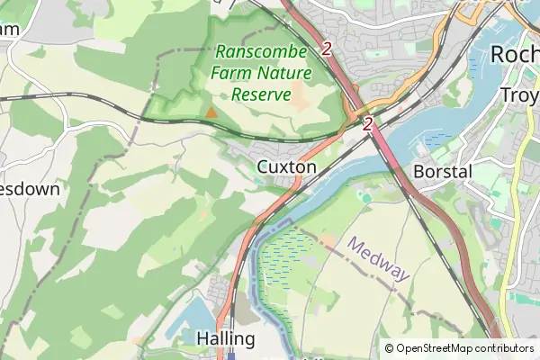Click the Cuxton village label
286,167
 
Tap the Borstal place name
442,171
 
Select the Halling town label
225,339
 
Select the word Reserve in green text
261,94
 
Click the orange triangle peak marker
211,112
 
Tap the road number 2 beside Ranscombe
326,49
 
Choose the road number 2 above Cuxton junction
367,125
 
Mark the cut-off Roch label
515,55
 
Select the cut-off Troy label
519,95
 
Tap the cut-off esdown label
30,190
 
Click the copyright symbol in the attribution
389,348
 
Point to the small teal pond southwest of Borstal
365,195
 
